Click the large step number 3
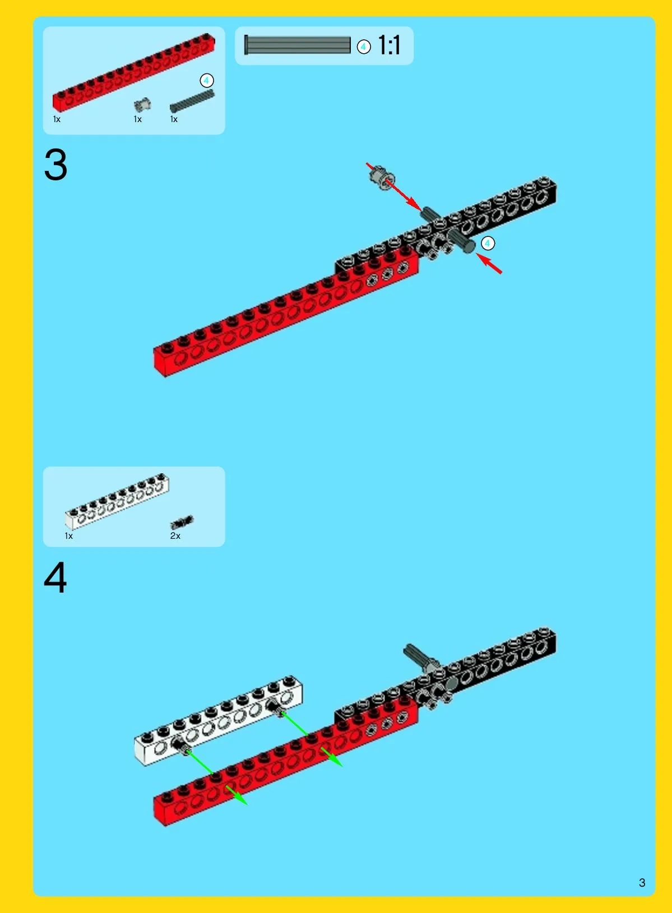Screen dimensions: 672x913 (55, 165)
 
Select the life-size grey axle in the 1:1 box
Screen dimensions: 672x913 (297, 45)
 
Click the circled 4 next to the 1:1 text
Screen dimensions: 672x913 (364, 47)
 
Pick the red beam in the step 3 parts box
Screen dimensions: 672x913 (134, 72)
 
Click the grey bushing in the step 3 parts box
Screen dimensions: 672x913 (143, 105)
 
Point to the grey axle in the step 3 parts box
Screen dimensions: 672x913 (192, 101)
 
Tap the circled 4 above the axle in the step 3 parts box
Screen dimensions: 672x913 (207, 81)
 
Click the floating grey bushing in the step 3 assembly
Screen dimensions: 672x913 (382, 177)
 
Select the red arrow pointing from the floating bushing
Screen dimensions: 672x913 (394, 187)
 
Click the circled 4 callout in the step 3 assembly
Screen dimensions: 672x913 (488, 243)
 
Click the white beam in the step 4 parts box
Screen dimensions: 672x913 (117, 501)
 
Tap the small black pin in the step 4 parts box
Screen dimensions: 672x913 (182, 522)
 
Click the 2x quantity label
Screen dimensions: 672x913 (175, 536)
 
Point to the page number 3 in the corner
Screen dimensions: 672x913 (642, 882)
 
